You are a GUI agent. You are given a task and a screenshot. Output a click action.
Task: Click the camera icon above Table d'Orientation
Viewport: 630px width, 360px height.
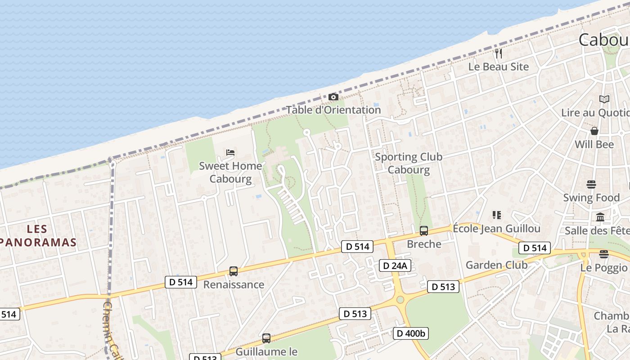(333, 97)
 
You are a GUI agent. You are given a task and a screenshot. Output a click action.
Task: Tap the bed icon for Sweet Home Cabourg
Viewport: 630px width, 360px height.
(230, 153)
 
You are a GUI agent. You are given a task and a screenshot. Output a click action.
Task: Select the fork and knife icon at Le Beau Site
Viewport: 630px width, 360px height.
(498, 54)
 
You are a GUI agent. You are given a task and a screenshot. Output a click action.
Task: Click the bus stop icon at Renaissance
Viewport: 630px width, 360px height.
(233, 271)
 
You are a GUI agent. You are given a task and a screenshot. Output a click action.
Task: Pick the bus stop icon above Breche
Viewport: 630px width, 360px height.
(423, 231)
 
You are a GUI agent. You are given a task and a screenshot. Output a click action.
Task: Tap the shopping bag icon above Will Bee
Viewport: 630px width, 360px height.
(594, 131)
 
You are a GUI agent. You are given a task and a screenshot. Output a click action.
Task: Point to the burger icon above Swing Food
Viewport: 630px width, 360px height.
(591, 184)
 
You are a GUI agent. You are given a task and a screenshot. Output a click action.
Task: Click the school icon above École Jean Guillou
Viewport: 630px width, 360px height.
(497, 215)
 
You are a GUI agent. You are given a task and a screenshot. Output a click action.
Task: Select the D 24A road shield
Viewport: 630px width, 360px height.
(395, 265)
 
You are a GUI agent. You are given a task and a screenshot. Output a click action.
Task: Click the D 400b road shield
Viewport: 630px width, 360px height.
(411, 333)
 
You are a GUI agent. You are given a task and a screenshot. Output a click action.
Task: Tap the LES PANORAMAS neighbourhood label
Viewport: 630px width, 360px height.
(38, 236)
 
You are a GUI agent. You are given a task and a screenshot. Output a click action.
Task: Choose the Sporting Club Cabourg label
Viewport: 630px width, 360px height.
(409, 163)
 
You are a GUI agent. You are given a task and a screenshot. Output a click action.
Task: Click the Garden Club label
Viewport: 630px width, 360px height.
(496, 265)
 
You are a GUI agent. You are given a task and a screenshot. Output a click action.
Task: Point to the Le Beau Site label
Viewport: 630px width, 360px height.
(499, 67)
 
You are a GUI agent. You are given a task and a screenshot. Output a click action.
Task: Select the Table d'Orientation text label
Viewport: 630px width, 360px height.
(333, 110)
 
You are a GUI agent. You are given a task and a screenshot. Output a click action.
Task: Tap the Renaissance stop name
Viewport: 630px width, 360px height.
(234, 284)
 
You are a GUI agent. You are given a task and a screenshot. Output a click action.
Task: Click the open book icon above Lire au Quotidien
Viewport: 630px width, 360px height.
(604, 99)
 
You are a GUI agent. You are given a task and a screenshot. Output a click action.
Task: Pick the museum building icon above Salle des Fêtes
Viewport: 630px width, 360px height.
(600, 217)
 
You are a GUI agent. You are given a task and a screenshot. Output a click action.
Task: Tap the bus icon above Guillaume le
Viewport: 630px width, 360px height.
(266, 338)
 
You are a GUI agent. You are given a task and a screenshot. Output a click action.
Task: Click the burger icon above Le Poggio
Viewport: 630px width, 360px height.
(604, 254)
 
